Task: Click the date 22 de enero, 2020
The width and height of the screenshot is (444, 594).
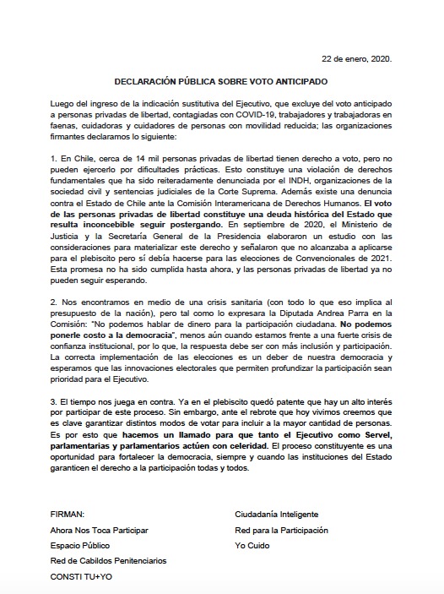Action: (358, 60)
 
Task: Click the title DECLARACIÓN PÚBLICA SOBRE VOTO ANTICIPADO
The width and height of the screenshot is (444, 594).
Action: (221, 82)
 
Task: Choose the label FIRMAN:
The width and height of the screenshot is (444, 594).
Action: (68, 514)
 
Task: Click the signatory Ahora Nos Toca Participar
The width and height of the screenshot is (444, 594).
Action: (100, 530)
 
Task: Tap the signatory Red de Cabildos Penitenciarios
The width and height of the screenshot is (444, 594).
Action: (109, 561)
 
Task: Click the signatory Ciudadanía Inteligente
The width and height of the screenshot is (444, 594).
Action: (277, 514)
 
